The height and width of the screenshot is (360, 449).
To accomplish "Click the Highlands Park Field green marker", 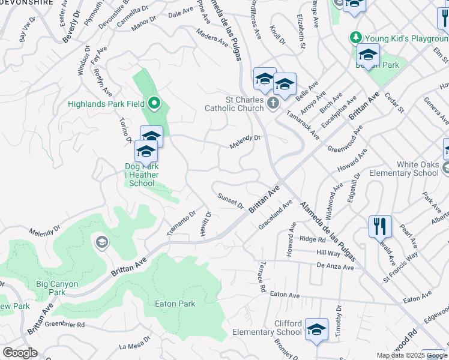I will [x=154, y=104].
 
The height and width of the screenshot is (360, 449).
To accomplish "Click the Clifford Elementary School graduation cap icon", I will [x=316, y=329].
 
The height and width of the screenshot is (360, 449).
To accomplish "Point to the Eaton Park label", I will [x=175, y=304].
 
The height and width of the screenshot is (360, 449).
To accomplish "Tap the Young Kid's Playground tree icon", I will [x=355, y=38].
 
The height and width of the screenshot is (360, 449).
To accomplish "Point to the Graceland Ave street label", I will [x=275, y=213].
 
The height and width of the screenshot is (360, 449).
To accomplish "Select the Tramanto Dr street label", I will [x=181, y=223].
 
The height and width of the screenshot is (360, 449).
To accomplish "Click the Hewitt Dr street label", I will [x=208, y=223].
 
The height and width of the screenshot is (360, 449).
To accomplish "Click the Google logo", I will [x=20, y=353].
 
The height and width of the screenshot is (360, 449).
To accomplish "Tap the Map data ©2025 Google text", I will [x=411, y=355].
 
